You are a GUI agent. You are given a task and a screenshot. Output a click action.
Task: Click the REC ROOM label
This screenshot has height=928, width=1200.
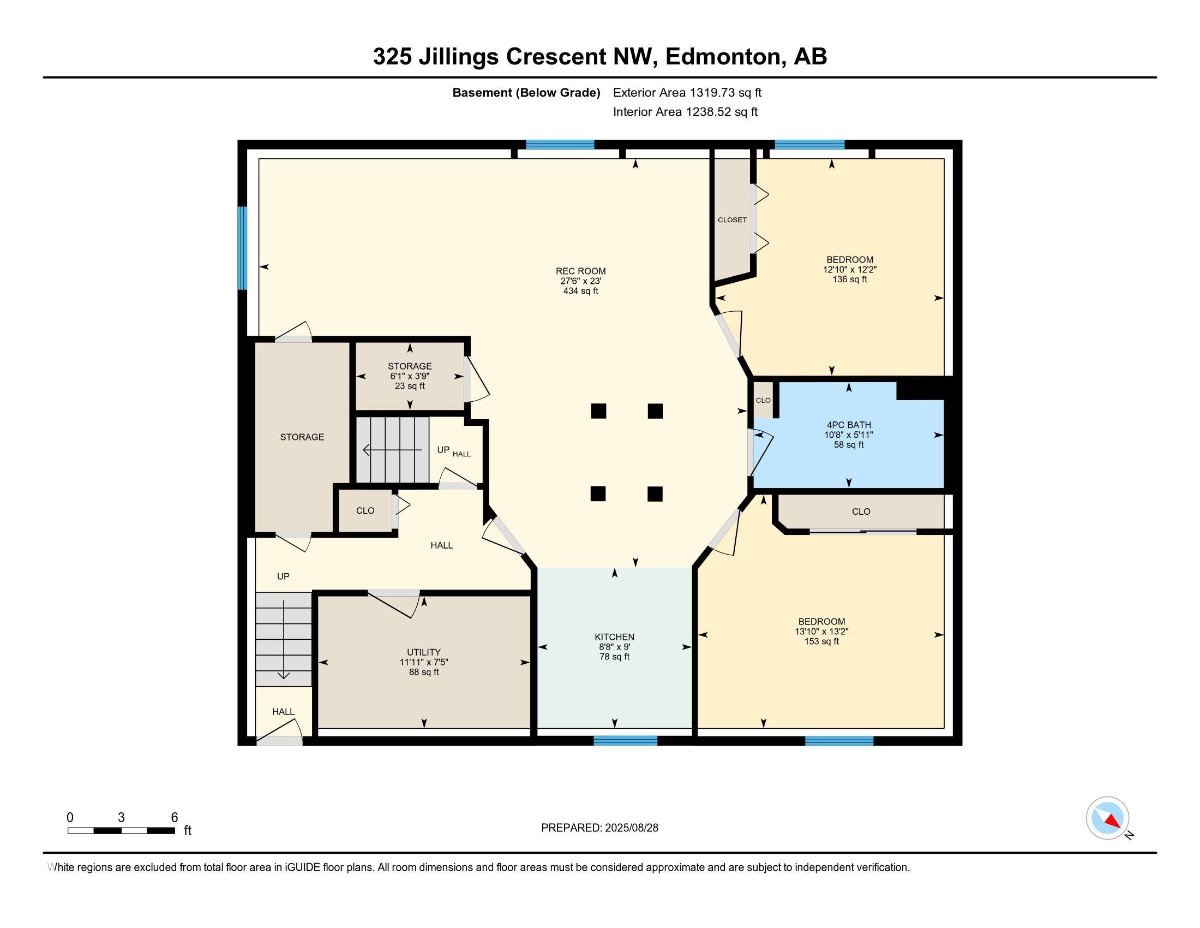(580, 271)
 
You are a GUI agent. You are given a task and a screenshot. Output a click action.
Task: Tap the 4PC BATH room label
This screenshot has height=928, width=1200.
(848, 425)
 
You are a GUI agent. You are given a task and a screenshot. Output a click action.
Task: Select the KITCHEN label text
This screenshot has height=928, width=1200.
(614, 637)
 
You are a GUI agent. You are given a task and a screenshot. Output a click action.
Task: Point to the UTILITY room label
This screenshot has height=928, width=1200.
(424, 652)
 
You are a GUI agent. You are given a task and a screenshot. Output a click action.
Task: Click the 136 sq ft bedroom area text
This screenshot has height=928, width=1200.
(849, 279)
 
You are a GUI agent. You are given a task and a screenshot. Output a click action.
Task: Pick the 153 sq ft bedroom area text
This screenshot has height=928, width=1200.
(821, 641)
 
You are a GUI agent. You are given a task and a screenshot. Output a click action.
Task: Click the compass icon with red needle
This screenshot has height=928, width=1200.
(1107, 818)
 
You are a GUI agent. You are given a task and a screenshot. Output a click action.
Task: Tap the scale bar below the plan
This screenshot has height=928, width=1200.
(122, 831)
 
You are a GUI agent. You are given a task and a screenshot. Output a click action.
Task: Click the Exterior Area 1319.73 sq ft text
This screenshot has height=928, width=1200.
(687, 92)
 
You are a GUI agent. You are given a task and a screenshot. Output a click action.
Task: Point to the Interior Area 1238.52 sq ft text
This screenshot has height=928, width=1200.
(685, 111)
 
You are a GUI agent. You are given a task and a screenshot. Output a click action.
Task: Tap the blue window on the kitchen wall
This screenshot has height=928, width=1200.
(625, 741)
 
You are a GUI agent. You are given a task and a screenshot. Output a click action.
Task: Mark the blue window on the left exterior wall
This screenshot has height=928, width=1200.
(242, 247)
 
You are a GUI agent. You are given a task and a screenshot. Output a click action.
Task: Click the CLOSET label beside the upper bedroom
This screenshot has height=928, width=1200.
(732, 220)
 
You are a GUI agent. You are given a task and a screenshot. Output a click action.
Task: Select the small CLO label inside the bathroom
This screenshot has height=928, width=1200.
(763, 400)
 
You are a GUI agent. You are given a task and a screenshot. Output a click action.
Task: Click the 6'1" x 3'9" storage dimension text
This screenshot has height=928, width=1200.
(409, 376)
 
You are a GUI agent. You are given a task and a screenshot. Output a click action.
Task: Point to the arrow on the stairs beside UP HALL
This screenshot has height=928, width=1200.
(393, 450)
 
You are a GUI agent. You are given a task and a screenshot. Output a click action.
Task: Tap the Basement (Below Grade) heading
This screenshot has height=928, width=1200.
(526, 92)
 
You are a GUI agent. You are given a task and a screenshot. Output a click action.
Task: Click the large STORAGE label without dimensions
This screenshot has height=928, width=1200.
(302, 437)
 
